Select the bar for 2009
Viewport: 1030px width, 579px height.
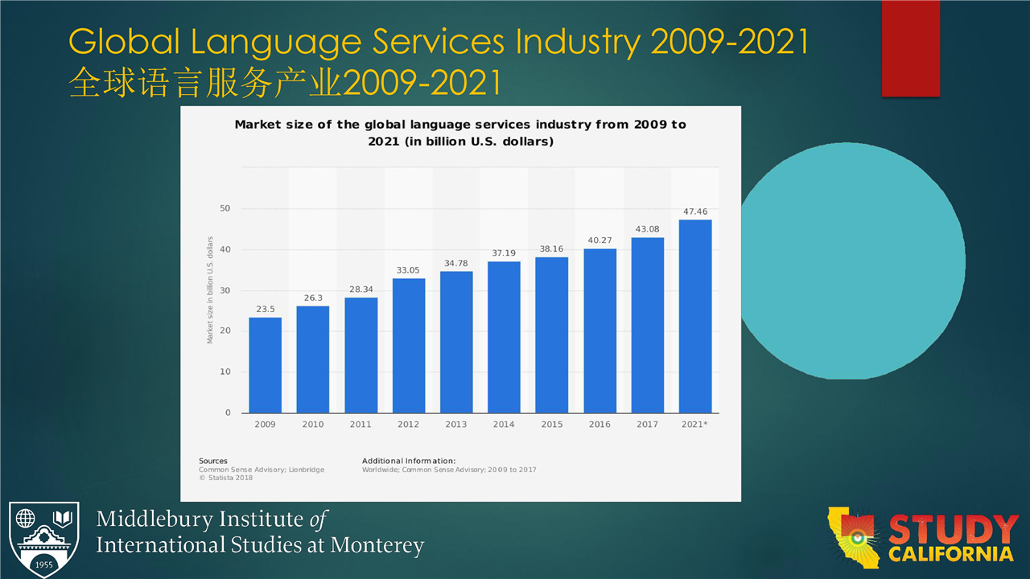pyautogui.click(x=265, y=365)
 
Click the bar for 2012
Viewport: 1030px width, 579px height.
pyautogui.click(x=409, y=346)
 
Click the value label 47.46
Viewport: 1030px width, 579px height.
pyautogui.click(x=695, y=211)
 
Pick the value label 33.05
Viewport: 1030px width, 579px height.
pyautogui.click(x=409, y=270)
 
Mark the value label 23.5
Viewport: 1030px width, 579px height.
pyautogui.click(x=265, y=309)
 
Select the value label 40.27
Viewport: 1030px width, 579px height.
pyautogui.click(x=599, y=240)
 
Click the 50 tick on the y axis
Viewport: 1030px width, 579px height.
pyautogui.click(x=225, y=209)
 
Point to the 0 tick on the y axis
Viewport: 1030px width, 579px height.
pyautogui.click(x=228, y=413)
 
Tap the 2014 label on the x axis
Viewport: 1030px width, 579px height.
pyautogui.click(x=504, y=425)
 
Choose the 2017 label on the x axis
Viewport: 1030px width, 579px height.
pyautogui.click(x=647, y=425)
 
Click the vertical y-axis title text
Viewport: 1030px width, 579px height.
pyautogui.click(x=210, y=290)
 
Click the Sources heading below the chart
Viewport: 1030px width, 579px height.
pyautogui.click(x=213, y=461)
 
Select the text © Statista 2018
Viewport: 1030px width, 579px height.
pyautogui.click(x=226, y=478)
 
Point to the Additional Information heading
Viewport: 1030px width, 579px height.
pyautogui.click(x=409, y=461)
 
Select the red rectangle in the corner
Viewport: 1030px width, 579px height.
pyautogui.click(x=910, y=48)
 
